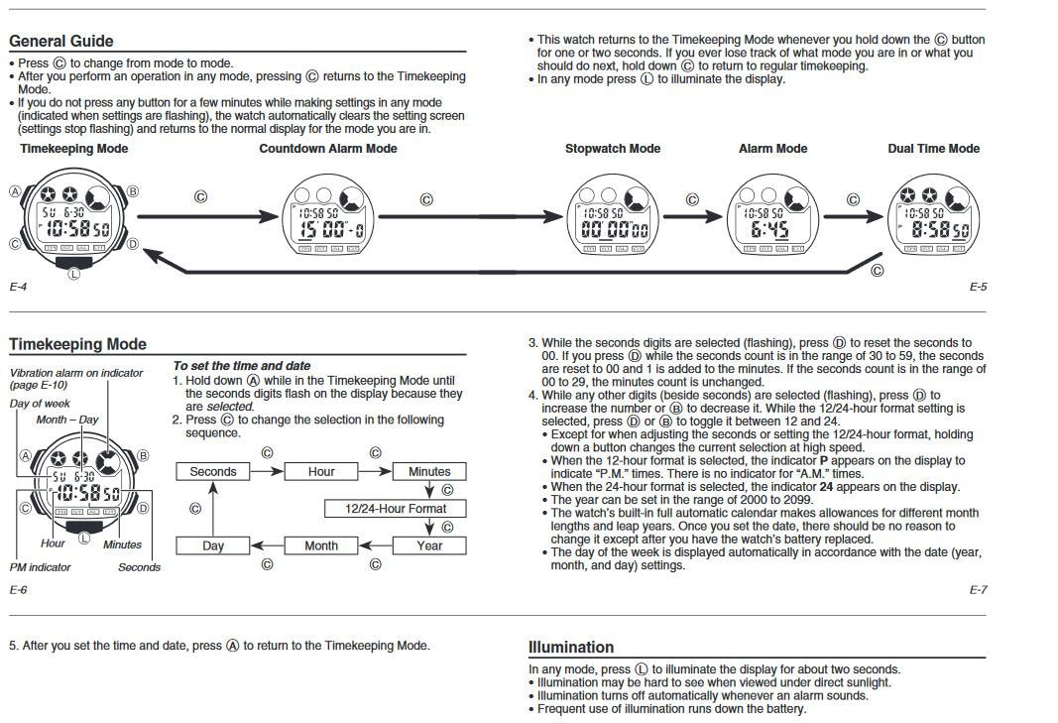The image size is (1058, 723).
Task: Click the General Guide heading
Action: [60, 41]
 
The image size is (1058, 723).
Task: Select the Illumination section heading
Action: [571, 647]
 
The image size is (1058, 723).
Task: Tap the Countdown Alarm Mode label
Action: [327, 149]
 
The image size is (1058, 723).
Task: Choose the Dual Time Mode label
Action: [933, 149]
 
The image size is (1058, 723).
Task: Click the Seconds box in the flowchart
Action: [213, 472]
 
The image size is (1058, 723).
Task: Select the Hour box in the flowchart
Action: [321, 472]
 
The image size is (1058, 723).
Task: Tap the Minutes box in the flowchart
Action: [429, 472]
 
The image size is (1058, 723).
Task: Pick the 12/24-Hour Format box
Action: [395, 509]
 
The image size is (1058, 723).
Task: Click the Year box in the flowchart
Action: [429, 545]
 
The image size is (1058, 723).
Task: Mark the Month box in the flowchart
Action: [321, 545]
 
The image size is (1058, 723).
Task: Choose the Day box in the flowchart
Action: [213, 545]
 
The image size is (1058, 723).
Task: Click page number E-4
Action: [18, 287]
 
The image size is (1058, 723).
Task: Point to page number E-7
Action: [978, 590]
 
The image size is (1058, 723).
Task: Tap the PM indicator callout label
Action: [40, 567]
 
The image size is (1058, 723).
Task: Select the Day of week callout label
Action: [40, 404]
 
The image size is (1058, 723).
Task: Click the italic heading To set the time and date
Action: [241, 366]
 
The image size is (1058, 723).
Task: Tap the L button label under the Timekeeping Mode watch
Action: [72, 274]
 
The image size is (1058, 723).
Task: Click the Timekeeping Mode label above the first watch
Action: [74, 149]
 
